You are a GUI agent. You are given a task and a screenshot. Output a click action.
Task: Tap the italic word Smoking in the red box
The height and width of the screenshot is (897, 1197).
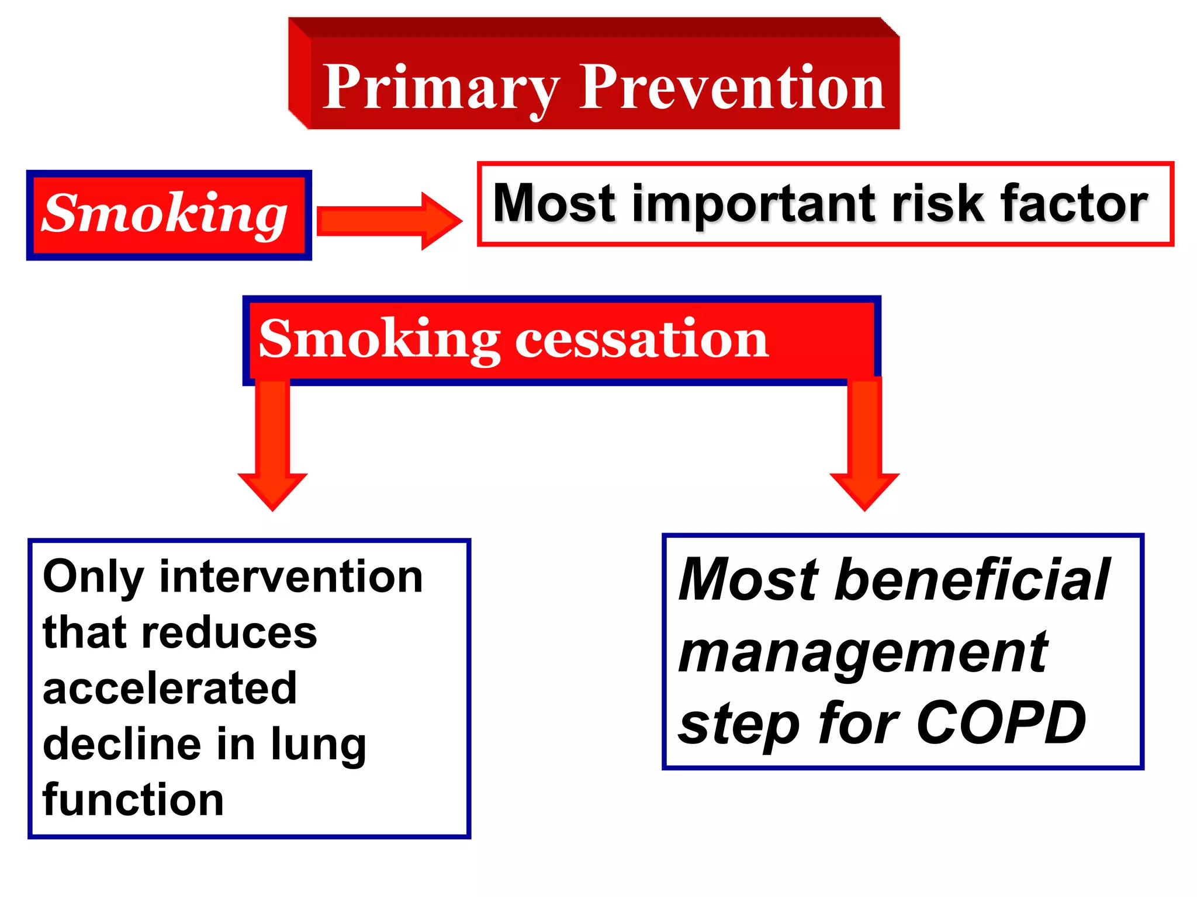[165, 214]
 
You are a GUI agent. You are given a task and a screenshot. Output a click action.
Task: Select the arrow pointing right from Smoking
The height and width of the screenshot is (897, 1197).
[389, 221]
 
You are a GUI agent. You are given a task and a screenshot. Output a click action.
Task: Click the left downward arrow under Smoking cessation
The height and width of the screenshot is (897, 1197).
[272, 444]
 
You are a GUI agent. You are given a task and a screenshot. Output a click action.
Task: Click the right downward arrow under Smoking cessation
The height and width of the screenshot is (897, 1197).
[864, 444]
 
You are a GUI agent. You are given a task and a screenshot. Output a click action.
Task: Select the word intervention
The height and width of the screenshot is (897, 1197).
[291, 577]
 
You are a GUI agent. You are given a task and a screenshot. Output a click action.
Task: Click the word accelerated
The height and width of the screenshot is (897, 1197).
[170, 688]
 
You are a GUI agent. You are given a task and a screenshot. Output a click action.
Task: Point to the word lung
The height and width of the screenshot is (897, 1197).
[319, 745]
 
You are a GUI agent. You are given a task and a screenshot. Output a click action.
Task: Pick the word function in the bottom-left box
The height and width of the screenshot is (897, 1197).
[133, 799]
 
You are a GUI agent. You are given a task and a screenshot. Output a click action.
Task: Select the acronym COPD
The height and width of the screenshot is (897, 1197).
[1001, 723]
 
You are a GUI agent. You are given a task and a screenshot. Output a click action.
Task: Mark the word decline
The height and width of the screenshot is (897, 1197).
[120, 744]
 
